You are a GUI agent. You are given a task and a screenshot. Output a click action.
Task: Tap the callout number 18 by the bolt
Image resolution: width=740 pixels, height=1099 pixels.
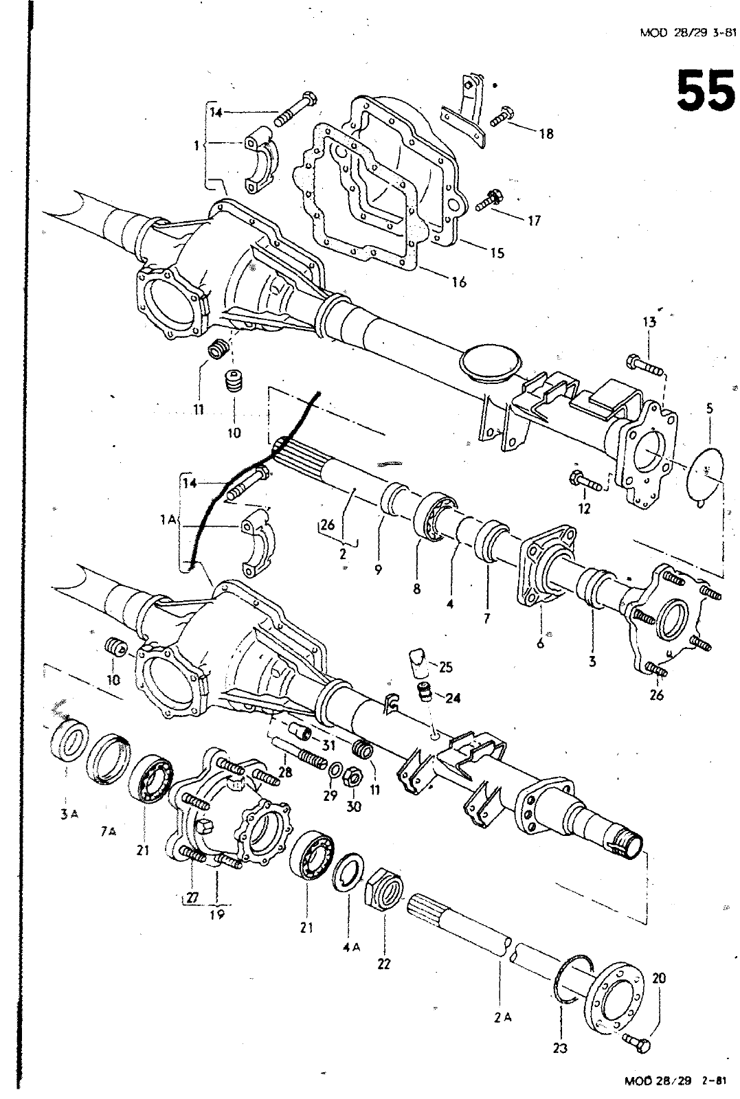pos(546,134)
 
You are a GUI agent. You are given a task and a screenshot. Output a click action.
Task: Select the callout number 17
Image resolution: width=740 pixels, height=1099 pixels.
pos(534,220)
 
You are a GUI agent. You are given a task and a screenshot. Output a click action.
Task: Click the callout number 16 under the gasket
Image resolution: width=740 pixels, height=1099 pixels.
pos(459,282)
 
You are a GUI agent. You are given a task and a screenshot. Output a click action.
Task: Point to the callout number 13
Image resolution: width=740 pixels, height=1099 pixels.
pos(649,322)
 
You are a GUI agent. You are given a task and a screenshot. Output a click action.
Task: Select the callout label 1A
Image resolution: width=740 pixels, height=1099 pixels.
pos(166,521)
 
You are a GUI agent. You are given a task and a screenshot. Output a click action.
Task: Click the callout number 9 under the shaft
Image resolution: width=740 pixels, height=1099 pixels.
pos(378,569)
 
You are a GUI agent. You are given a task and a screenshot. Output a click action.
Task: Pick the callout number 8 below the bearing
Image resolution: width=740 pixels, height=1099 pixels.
pos(417,589)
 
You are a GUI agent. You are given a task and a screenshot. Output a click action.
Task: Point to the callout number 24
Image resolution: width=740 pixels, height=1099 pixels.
pos(453,699)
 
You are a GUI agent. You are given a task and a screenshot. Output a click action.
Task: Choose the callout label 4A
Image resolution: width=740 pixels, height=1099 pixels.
pos(350,947)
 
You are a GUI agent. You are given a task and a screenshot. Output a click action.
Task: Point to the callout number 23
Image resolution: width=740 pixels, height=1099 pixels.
pos(560,1049)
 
